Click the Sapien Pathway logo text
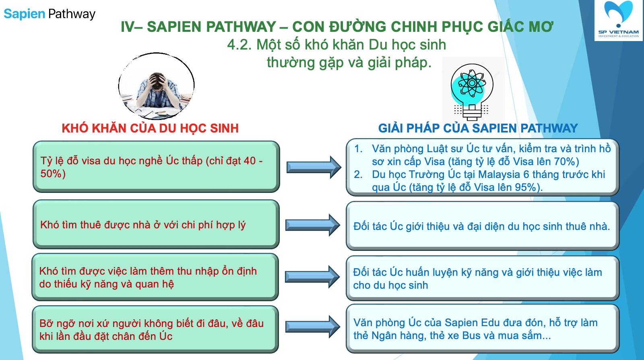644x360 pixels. [49, 14]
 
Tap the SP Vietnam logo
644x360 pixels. [618, 20]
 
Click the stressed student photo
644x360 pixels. [157, 86]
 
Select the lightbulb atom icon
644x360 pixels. [472, 92]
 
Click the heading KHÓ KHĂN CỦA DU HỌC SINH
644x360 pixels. [150, 128]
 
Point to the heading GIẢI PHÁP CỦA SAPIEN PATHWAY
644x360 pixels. [478, 128]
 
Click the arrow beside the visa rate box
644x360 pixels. [314, 167]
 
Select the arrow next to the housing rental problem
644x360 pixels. [313, 225]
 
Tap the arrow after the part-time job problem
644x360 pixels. [312, 277]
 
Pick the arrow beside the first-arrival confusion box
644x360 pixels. [313, 327]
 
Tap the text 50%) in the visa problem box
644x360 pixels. [53, 174]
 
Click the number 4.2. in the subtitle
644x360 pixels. [239, 45]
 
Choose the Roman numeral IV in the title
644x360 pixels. [127, 27]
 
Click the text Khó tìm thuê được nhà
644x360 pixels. [95, 225]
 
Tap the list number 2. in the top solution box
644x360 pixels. [358, 174]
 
